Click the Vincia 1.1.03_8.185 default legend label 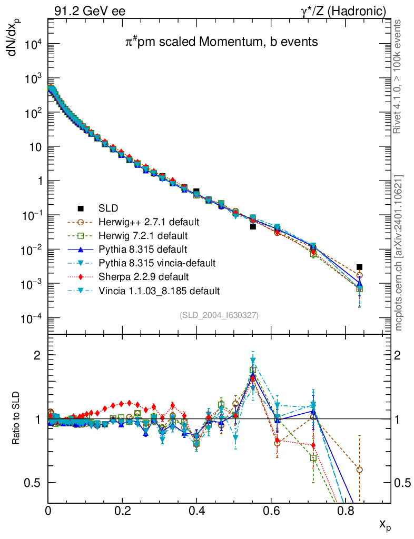coord(163,291)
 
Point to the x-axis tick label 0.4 coord(196,510)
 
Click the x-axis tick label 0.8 coord(345,510)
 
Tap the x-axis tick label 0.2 coord(122,510)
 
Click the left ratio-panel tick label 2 coord(38,355)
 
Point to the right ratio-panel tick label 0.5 coord(402,483)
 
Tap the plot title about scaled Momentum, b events coord(221,42)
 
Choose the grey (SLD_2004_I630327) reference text coord(219,315)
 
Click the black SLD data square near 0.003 coord(359,267)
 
